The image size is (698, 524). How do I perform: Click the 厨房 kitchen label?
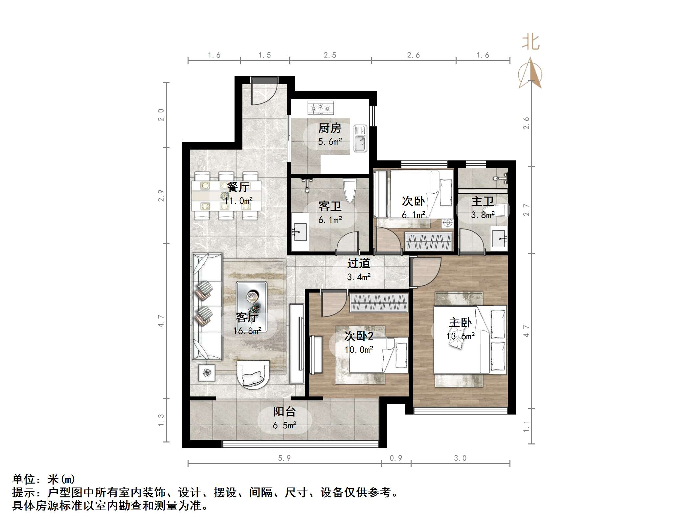(x=330, y=128)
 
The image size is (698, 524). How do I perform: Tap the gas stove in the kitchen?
(x=320, y=107)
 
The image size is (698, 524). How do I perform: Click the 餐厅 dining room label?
(x=238, y=187)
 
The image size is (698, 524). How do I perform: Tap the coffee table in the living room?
(x=252, y=306)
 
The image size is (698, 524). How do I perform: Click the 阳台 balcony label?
(x=284, y=412)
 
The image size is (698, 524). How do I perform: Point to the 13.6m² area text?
(x=460, y=336)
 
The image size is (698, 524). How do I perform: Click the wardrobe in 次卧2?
(x=379, y=302)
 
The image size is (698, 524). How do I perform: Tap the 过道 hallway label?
(x=359, y=263)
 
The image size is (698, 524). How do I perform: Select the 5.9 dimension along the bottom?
(x=284, y=458)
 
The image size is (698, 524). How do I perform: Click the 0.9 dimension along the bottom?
(x=395, y=458)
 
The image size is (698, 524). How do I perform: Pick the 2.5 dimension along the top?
(x=330, y=55)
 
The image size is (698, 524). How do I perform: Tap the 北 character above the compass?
(x=530, y=43)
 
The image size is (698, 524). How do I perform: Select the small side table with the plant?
(x=207, y=372)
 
